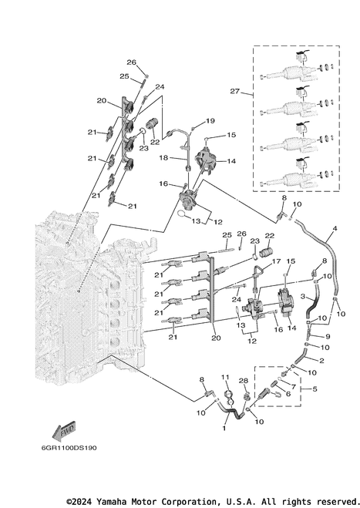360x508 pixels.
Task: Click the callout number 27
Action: pyautogui.click(x=234, y=92)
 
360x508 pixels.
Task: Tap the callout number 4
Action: pyautogui.click(x=335, y=228)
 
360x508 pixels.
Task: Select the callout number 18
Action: pyautogui.click(x=163, y=157)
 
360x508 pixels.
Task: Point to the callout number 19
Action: pyautogui.click(x=210, y=121)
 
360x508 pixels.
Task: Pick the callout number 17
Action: pyautogui.click(x=276, y=261)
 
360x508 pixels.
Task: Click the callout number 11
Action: pyautogui.click(x=225, y=377)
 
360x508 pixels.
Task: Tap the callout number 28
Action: pyautogui.click(x=244, y=380)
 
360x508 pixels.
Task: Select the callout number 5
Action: pyautogui.click(x=315, y=389)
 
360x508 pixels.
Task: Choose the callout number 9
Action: pyautogui.click(x=328, y=337)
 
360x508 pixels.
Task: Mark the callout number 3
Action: pyautogui.click(x=303, y=296)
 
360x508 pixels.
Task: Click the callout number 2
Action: pyautogui.click(x=321, y=361)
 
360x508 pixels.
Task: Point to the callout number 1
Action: pyautogui.click(x=224, y=429)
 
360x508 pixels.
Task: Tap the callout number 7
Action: pyautogui.click(x=294, y=387)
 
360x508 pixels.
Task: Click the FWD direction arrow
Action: pyautogui.click(x=64, y=431)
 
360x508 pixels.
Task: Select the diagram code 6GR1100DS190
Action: pyautogui.click(x=69, y=448)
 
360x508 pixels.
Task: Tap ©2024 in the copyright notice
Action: pyautogui.click(x=76, y=502)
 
